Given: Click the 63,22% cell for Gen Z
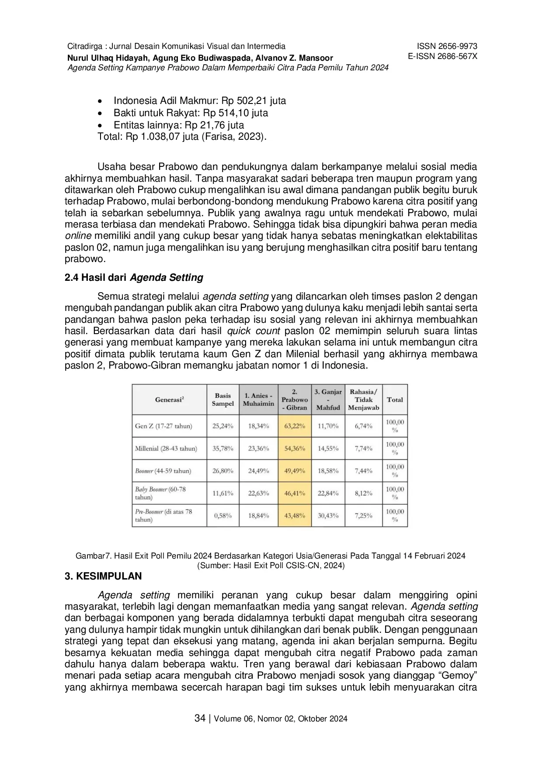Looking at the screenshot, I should pos(295,426).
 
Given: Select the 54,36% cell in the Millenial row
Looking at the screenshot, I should pos(295,448).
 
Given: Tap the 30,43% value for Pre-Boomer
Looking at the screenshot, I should pos(328,515).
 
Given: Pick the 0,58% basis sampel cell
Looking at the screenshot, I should pos(222,515).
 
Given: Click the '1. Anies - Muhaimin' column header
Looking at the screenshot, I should pos(258,400).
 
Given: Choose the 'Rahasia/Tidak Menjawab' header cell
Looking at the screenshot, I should pos(363,400).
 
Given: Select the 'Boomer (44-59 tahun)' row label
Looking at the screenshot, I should pos(163,471).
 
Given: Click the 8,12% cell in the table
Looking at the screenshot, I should pos(363,493).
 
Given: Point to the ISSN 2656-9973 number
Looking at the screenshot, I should pos(447,46).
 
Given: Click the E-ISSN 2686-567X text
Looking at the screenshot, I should pos(442,56).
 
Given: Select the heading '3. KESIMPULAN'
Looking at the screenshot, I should pos(103,576).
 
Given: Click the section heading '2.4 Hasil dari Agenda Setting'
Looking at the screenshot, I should pos(134,277).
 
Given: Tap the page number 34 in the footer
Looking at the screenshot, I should pos(200,718).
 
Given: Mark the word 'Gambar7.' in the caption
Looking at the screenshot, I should pos(91,556).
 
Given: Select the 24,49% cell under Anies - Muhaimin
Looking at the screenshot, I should pos(258,471).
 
